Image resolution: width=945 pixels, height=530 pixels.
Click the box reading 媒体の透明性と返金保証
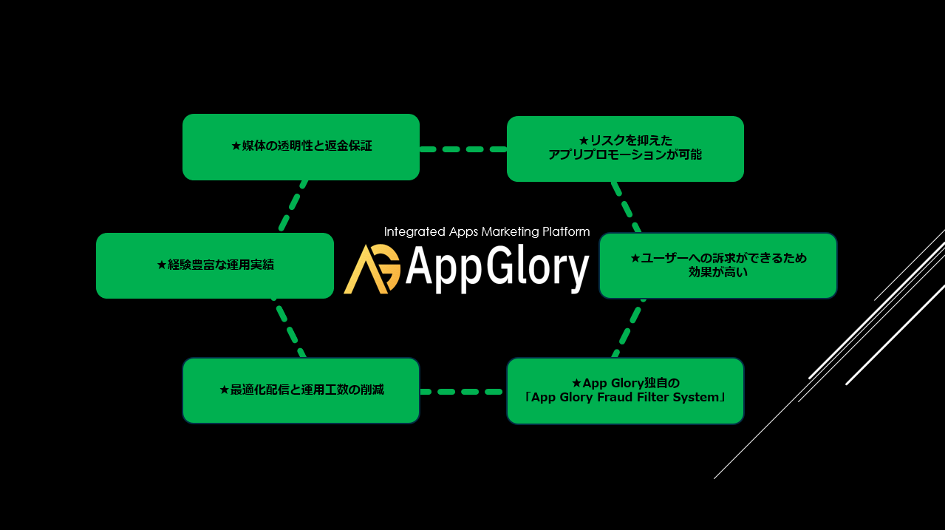[301, 147]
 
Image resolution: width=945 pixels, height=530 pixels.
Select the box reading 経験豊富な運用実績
[215, 265]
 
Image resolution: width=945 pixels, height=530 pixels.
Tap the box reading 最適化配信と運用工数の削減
[301, 390]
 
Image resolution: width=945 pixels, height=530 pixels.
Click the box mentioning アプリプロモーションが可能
[625, 149]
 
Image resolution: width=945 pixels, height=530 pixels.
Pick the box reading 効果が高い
[718, 265]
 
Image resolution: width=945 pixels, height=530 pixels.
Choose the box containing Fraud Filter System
[625, 391]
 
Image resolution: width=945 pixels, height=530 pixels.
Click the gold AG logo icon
[372, 269]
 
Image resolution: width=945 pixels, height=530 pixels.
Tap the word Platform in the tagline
[566, 231]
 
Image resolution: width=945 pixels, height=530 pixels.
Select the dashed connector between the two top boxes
[463, 149]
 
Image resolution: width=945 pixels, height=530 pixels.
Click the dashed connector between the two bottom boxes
[462, 392]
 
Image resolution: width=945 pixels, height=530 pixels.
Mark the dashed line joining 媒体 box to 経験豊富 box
[293, 206]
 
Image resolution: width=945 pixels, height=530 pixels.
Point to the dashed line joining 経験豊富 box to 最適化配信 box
[289, 327]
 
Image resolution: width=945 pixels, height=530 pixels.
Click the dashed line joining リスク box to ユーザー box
[626, 207]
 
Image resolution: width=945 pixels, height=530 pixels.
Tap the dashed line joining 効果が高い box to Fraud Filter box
[629, 328]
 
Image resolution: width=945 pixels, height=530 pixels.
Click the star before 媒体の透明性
[236, 146]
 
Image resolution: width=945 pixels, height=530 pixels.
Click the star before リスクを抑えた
[584, 140]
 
